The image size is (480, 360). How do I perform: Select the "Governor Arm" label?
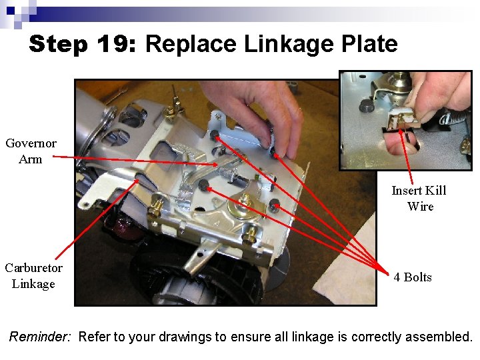(31, 151)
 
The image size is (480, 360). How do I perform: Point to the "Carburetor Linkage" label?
(33, 275)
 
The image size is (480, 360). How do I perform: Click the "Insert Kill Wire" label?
(419, 198)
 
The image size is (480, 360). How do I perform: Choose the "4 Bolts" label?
(413, 277)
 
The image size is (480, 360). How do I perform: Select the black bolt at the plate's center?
(201, 185)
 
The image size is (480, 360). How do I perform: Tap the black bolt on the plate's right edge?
(274, 205)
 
